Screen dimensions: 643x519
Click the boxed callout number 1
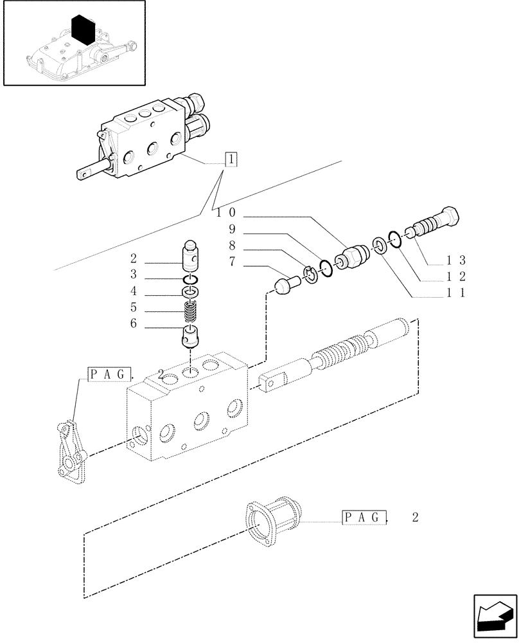point(231,159)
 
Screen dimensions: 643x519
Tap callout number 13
point(457,260)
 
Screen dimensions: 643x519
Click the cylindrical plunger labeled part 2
point(191,257)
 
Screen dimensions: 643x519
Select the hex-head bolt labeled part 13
point(437,223)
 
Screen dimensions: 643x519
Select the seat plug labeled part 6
point(191,336)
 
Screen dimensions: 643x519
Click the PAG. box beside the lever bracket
point(110,374)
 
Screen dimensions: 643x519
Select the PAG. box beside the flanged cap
point(365,516)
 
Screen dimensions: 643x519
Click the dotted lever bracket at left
point(70,450)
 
